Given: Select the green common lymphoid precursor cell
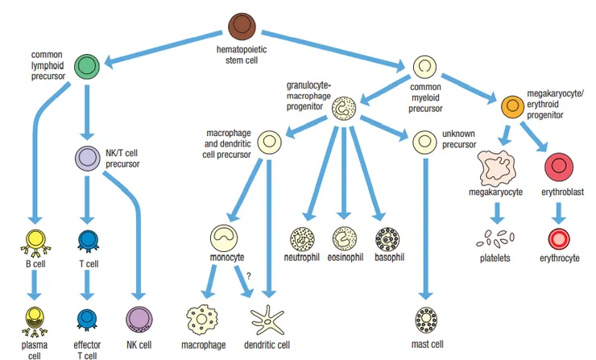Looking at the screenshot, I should pos(88,65).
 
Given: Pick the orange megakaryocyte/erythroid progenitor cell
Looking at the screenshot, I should pos(512,106).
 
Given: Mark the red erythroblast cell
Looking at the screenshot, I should pos(558,167).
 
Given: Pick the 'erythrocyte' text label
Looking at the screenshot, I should pos(558,259).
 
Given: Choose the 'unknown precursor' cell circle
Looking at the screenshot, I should pos(424,143).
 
